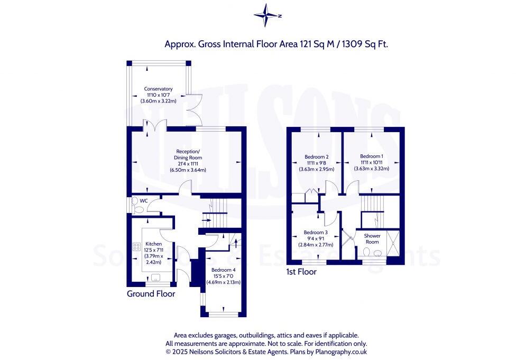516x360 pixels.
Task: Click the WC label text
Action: (x=143, y=201)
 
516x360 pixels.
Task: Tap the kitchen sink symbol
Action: (x=156, y=276)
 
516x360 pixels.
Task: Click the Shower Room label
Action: (x=372, y=239)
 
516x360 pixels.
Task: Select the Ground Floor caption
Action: (x=151, y=293)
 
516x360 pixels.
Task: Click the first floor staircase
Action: (x=372, y=205)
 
